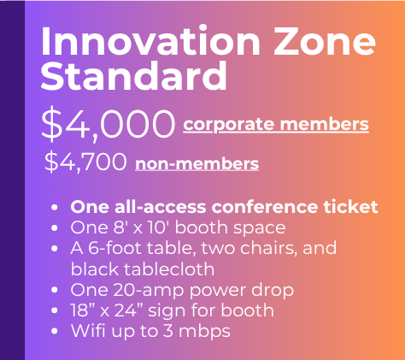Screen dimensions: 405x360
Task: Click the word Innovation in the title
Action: pyautogui.click(x=150, y=40)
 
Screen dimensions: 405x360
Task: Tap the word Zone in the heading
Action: pyautogui.click(x=325, y=42)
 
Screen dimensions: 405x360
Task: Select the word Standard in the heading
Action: pyautogui.click(x=134, y=75)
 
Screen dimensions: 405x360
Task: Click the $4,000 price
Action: pyautogui.click(x=108, y=125)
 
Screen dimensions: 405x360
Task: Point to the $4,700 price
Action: pyautogui.click(x=85, y=162)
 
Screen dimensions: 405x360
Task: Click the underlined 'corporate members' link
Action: pyautogui.click(x=276, y=125)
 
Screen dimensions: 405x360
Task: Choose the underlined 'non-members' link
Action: pyautogui.click(x=197, y=164)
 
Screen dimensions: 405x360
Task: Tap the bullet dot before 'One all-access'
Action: pyautogui.click(x=54, y=207)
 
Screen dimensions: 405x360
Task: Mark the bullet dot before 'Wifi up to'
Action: pyautogui.click(x=54, y=332)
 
